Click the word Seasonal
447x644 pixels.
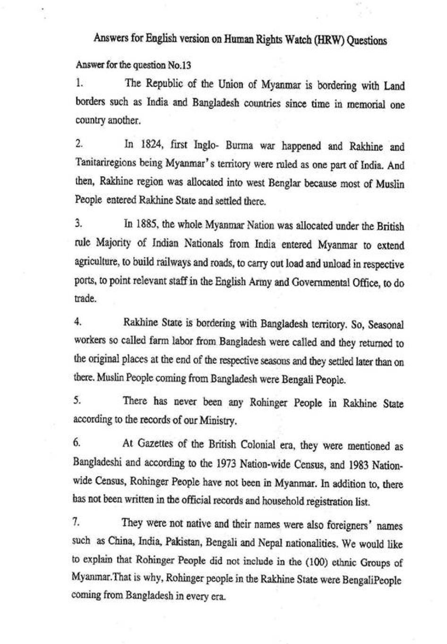(x=386, y=325)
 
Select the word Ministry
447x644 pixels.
(x=215, y=420)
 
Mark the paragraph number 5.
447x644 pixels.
(x=77, y=400)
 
